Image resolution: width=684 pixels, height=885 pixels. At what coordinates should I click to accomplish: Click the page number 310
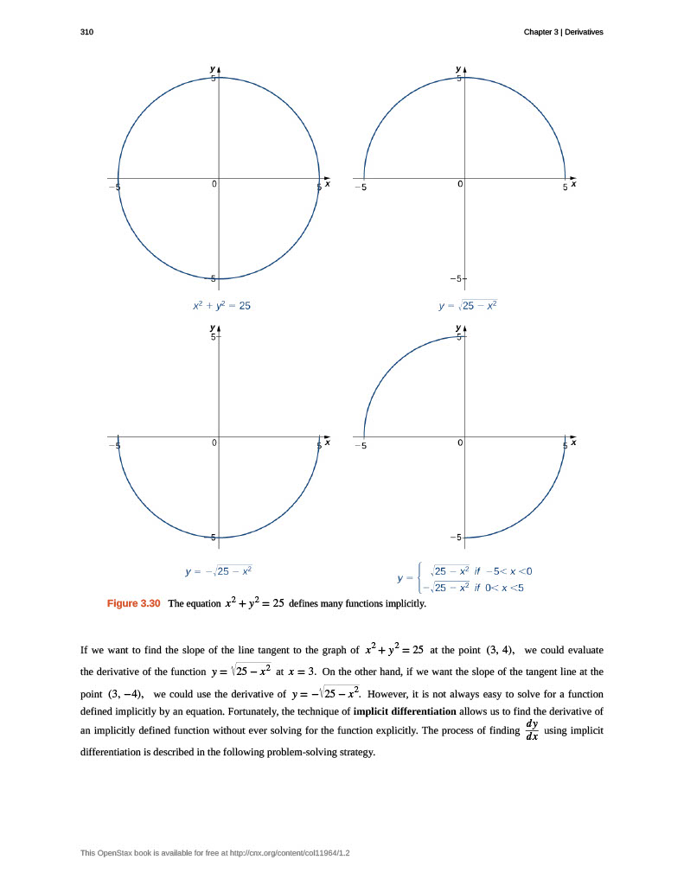(x=86, y=32)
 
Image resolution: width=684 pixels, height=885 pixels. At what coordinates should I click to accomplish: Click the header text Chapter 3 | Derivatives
(x=563, y=32)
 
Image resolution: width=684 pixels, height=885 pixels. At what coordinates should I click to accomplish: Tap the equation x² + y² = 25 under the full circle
(x=221, y=305)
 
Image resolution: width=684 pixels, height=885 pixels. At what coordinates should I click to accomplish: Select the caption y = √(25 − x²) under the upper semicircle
(x=468, y=305)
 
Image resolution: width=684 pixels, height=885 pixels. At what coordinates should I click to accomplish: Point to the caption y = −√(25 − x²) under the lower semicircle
(x=219, y=571)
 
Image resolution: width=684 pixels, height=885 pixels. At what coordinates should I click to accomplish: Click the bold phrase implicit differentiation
(x=405, y=711)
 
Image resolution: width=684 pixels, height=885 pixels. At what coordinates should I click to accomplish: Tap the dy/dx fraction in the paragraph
(x=532, y=730)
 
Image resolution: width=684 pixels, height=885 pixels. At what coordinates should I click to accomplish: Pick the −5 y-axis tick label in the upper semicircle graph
(x=454, y=279)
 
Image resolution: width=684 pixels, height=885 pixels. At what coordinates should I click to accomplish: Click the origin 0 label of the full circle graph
(x=214, y=184)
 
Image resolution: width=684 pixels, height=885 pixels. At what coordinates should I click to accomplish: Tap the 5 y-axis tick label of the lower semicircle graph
(x=213, y=336)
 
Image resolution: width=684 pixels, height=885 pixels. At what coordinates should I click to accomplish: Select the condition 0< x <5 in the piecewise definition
(x=502, y=588)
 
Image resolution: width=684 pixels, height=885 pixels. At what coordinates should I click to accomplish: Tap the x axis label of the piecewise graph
(x=573, y=442)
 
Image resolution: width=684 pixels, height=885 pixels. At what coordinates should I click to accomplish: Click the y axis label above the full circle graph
(x=213, y=68)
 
